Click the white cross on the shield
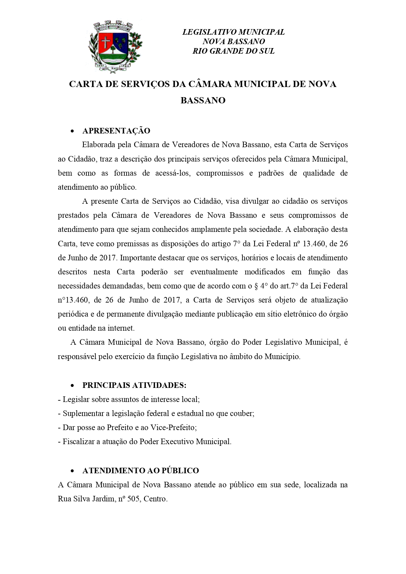click(106, 42)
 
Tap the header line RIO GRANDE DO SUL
click(233, 51)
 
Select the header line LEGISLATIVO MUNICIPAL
click(233, 32)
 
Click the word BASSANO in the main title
click(203, 100)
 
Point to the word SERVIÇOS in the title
click(145, 84)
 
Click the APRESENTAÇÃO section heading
click(116, 131)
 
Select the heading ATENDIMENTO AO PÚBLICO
click(141, 471)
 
